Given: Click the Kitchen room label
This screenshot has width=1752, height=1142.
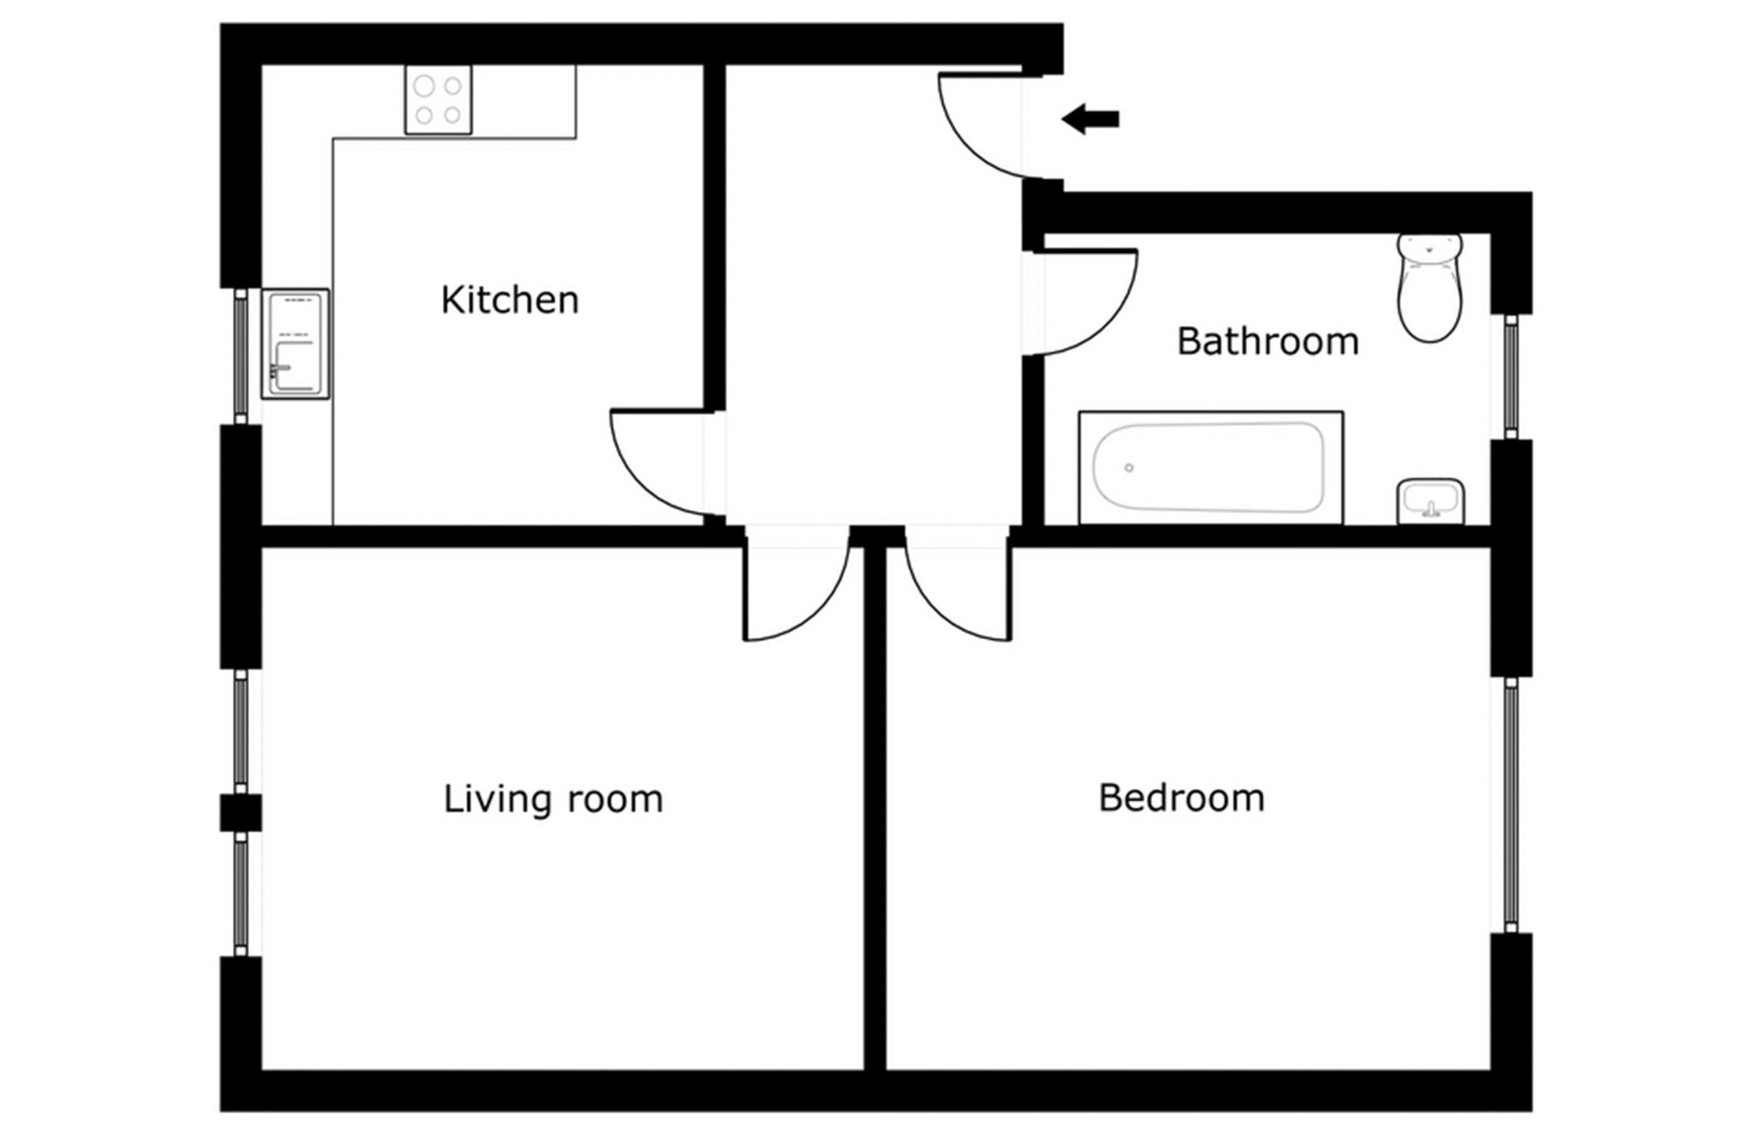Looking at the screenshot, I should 510,300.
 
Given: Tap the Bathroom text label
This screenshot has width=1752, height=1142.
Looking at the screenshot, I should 1267,342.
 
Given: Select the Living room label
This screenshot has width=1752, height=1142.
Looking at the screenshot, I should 553,799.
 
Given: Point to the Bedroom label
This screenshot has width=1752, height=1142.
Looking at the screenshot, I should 1181,798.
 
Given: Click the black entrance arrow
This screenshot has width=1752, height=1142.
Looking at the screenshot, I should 1090,119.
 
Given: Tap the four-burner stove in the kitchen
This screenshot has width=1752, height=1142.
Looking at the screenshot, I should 438,100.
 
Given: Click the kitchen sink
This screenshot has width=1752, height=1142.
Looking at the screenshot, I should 294,344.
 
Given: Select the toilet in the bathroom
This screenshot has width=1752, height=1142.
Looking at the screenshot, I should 1429,288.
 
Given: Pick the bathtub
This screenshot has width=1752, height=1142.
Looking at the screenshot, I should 1210,467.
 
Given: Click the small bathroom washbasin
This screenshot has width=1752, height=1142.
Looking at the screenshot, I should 1429,501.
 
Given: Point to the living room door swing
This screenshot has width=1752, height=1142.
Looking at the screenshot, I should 795,589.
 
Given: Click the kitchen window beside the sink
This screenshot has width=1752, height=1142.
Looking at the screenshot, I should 241,356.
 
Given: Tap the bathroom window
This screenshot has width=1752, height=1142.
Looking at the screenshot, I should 1511,377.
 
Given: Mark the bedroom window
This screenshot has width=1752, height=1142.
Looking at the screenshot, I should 1511,804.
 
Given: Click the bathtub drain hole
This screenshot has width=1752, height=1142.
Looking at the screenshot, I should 1129,468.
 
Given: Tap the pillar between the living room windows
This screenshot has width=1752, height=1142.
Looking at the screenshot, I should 241,812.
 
